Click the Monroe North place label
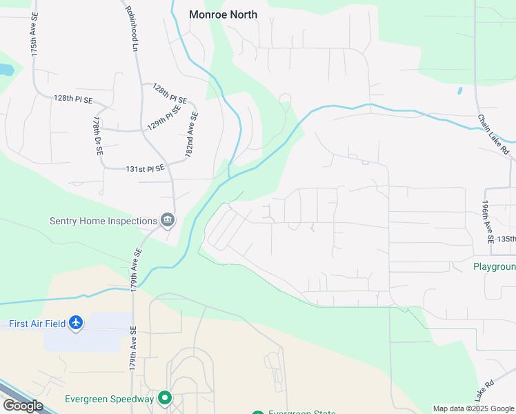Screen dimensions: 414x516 pos(223,14)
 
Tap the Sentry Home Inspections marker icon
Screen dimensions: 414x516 pos(167,221)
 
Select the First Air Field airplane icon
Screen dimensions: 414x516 pos(76,323)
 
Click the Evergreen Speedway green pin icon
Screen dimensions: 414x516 pos(165,398)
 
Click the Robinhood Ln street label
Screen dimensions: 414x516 pos(132,29)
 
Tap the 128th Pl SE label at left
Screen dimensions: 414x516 pos(72,99)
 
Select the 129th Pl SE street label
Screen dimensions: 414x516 pos(163,118)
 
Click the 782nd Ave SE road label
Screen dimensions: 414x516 pos(191,135)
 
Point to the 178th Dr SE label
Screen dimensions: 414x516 pos(96,135)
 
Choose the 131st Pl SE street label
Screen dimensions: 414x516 pos(145,168)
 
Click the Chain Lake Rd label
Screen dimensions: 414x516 pos(493,134)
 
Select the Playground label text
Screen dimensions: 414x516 pos(494,267)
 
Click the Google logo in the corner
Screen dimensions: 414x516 pos(23,406)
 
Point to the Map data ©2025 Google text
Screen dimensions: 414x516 pos(473,408)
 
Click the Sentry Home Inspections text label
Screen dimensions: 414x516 pos(103,221)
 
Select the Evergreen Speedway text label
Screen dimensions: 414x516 pos(109,399)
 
